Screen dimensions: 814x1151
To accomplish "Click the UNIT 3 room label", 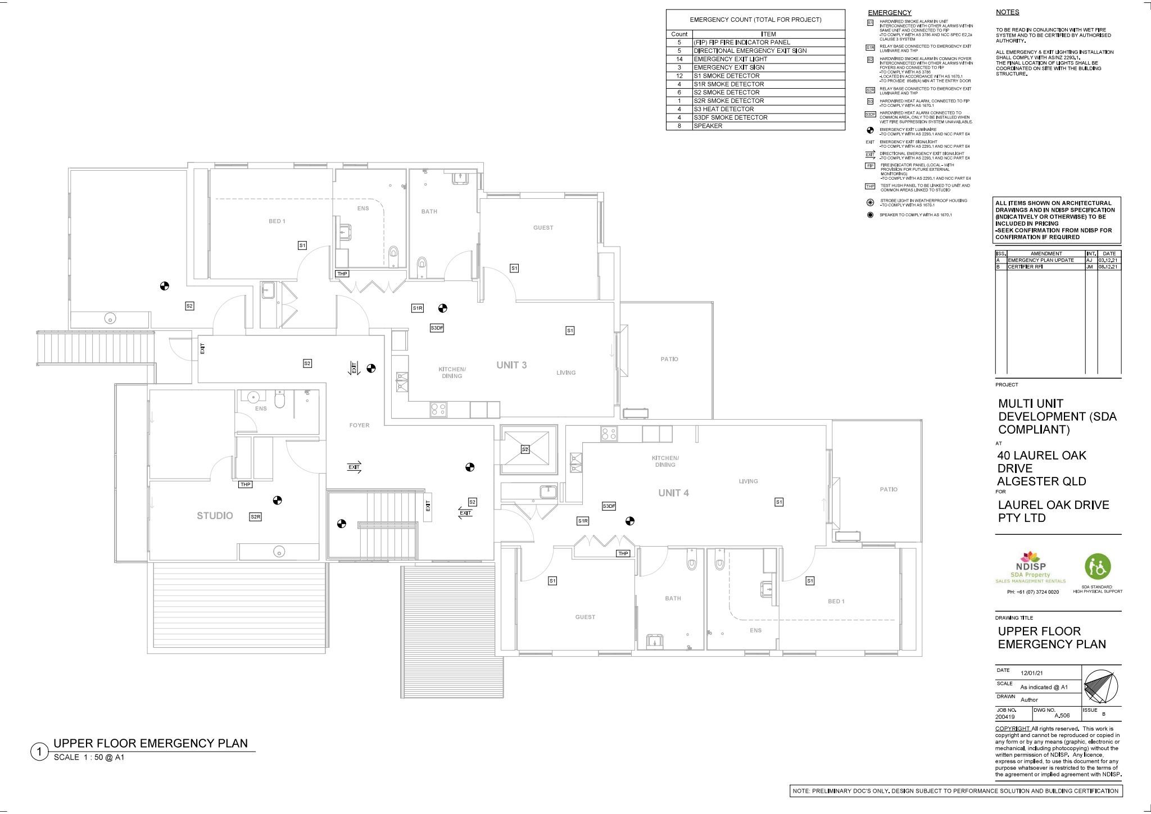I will point(511,365).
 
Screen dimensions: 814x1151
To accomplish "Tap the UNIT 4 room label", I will point(673,493).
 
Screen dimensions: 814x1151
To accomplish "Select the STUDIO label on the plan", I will point(215,516).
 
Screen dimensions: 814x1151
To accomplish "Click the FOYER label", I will point(359,425).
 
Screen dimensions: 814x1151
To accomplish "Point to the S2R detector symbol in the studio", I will point(255,517).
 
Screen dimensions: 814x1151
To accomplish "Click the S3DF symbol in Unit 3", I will point(437,328).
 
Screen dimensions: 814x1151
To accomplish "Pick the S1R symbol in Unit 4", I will point(583,521).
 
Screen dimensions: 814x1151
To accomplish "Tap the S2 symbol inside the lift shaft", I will point(525,449).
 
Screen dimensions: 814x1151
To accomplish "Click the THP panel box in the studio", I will point(246,484).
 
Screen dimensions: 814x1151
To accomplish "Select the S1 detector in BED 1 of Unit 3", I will point(302,245).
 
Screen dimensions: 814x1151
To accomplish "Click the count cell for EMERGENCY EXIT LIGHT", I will point(679,59).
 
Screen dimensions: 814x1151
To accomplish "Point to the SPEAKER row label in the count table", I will point(708,126).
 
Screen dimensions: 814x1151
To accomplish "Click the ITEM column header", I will point(768,34).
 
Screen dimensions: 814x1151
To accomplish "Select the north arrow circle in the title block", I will point(1100,686).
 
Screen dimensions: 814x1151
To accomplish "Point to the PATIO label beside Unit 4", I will point(888,489).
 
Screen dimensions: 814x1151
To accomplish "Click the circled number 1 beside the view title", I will point(39,752).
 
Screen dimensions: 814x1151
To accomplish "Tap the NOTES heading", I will point(1007,12).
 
